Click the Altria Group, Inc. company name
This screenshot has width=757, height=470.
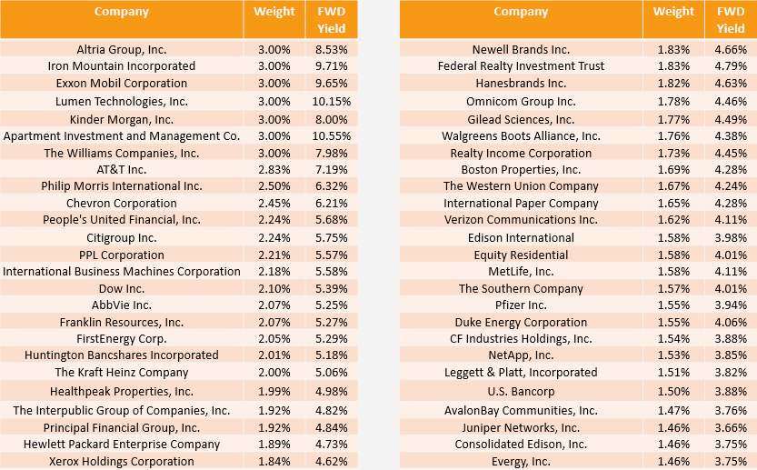click(x=122, y=49)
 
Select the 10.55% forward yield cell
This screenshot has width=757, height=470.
click(x=332, y=135)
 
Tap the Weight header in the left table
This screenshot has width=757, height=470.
click(x=274, y=12)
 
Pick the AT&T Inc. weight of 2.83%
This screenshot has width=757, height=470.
click(x=274, y=169)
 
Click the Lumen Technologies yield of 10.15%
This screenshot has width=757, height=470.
click(x=332, y=101)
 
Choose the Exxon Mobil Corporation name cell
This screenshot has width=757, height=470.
click(x=122, y=83)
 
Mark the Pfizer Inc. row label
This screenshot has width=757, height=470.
click(x=521, y=305)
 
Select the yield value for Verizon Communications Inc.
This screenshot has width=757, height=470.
click(x=731, y=219)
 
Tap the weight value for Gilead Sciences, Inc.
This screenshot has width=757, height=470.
click(x=673, y=119)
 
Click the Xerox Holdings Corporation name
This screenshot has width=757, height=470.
click(x=122, y=461)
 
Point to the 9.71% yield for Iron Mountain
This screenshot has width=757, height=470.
click(x=332, y=65)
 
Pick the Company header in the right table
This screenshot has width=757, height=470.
click(x=521, y=12)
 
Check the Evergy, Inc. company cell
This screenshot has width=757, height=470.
click(x=521, y=461)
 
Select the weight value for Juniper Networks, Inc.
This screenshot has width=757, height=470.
click(x=673, y=427)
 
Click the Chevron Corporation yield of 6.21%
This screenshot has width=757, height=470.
click(x=332, y=203)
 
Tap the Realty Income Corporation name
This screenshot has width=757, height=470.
click(x=521, y=153)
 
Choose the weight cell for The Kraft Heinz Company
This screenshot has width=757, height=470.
click(x=274, y=372)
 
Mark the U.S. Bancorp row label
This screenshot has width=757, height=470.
click(x=521, y=392)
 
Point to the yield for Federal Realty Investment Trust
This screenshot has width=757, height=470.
click(x=731, y=65)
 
